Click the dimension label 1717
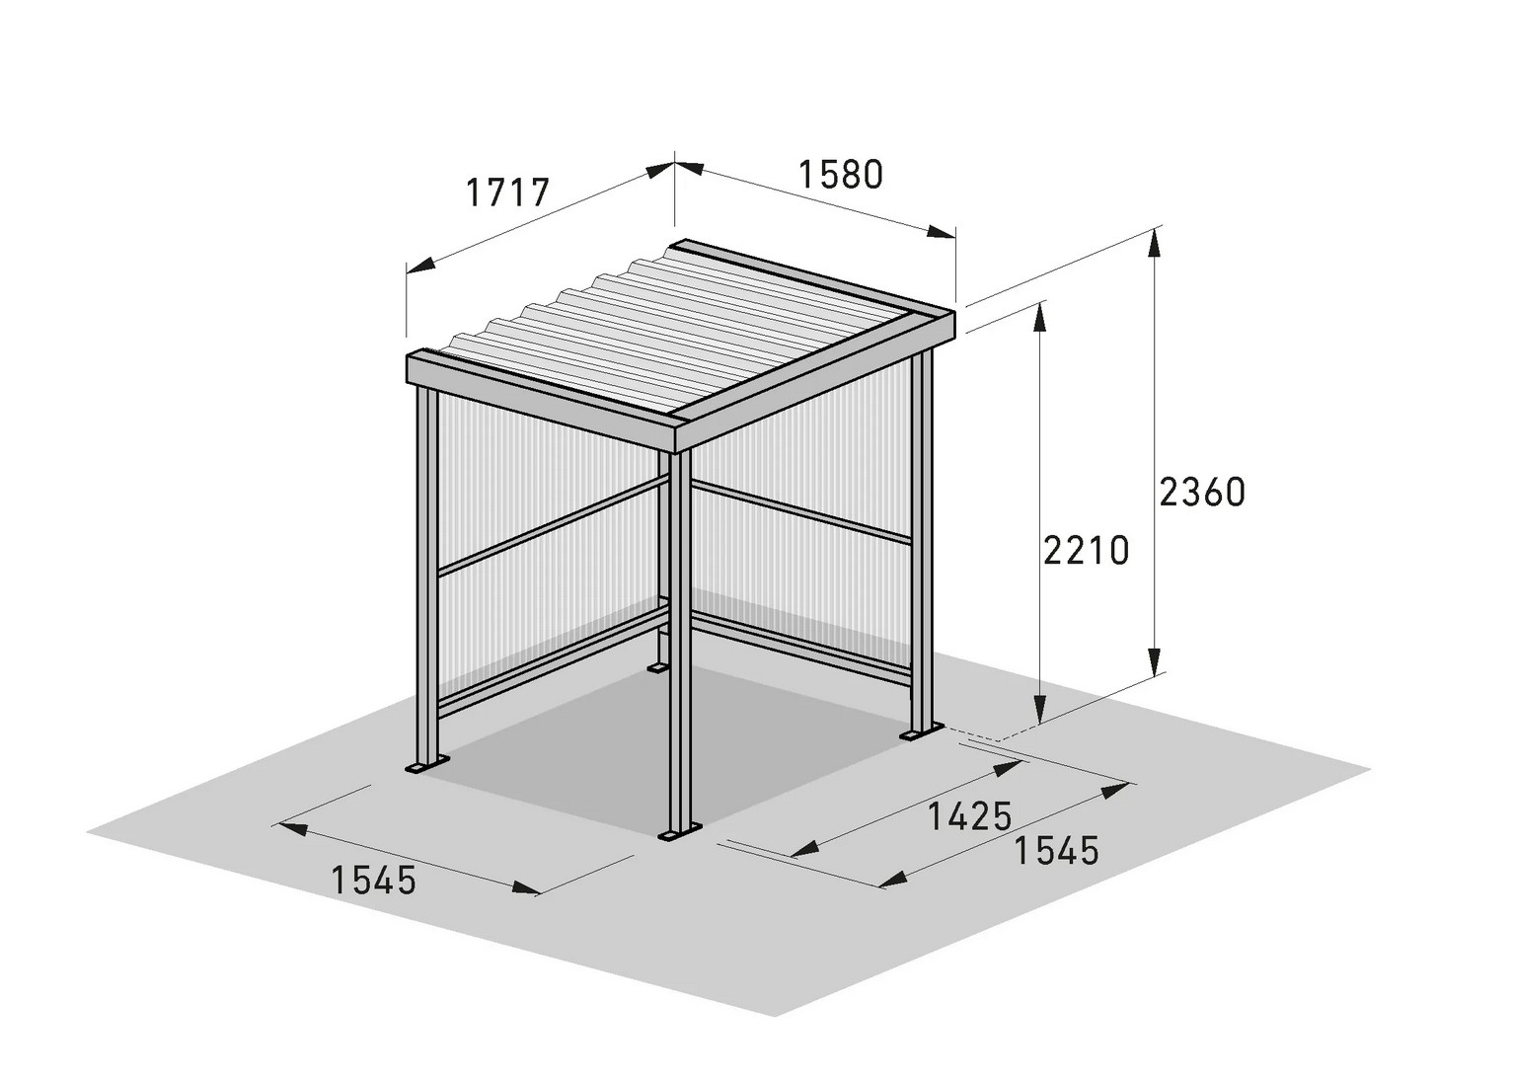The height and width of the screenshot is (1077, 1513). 507,192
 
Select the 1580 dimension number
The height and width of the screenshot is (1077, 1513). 841,175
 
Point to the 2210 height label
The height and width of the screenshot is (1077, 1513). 1086,550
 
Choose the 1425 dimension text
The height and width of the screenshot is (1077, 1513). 970,816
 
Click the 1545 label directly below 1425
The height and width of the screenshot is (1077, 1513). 1056,851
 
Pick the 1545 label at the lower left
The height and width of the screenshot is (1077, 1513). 373,882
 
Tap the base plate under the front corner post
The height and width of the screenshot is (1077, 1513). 680,834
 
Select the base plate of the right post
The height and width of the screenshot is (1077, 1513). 921,731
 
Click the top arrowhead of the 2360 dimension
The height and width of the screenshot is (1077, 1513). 1155,243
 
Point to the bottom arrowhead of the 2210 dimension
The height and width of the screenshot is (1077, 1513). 1039,710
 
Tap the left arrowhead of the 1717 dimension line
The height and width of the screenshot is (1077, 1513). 420,266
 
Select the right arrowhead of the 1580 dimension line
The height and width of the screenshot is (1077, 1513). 942,232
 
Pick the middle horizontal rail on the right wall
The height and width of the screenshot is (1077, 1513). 801,512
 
